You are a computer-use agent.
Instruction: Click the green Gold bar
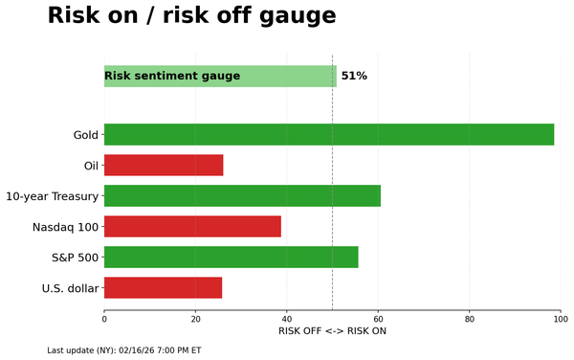(x=328, y=134)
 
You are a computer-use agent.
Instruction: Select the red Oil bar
(x=164, y=165)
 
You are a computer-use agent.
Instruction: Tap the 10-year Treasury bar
(x=242, y=195)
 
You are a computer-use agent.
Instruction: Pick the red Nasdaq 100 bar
(x=192, y=226)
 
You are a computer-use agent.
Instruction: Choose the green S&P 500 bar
(x=231, y=257)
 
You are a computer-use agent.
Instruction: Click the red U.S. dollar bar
(x=163, y=287)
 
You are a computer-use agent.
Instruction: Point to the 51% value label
(x=354, y=77)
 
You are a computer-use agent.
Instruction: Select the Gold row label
(x=86, y=135)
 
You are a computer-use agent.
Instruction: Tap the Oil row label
(x=91, y=166)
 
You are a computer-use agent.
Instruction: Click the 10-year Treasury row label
(x=52, y=196)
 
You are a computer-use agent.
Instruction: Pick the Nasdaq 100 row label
(x=65, y=227)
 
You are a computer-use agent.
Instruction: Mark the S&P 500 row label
(x=75, y=258)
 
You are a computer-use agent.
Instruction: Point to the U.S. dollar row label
(x=70, y=288)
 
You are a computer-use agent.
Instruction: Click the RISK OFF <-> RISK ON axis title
(x=332, y=331)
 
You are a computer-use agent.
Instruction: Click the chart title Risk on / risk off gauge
(x=191, y=16)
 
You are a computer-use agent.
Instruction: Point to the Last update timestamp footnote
(x=124, y=350)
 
